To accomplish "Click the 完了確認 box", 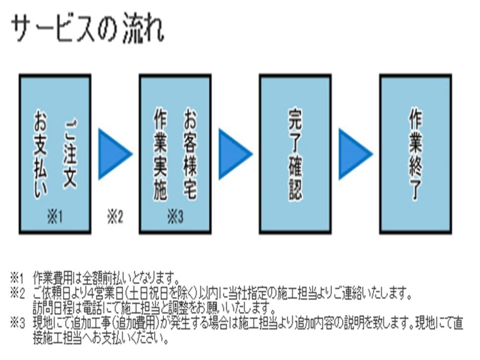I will point(295,154).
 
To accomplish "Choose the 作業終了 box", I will point(415,154).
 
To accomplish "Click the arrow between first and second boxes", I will point(114,154).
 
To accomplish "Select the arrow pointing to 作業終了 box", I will point(355,154).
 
